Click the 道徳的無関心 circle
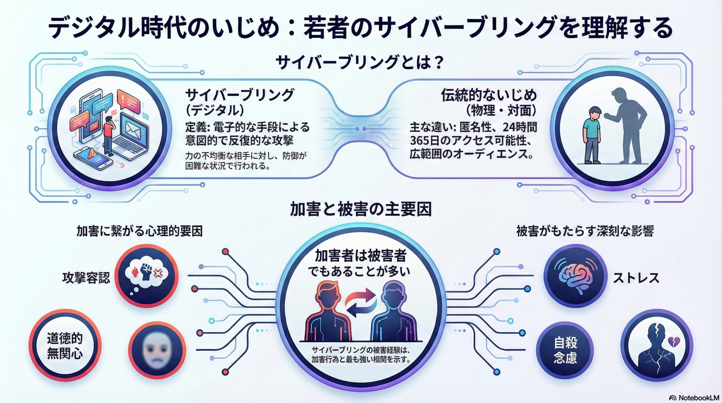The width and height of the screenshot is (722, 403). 65,346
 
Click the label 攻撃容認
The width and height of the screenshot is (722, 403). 86,278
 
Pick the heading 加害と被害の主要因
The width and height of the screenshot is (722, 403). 361,209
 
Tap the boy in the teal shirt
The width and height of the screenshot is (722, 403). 592,135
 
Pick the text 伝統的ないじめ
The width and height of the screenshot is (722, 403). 489,96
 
